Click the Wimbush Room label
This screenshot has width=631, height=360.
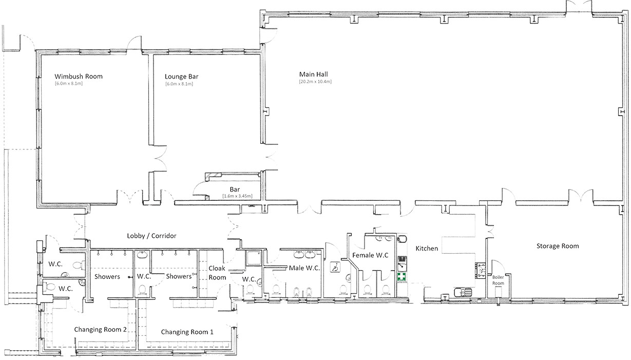[79, 77]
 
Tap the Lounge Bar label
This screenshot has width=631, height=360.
[181, 77]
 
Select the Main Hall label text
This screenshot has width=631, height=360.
[314, 74]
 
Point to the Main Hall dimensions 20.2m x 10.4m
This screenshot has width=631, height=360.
[315, 82]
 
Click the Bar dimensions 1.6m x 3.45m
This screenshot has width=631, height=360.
[238, 196]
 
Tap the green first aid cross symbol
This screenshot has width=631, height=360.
[401, 276]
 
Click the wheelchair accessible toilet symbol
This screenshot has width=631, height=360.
[335, 267]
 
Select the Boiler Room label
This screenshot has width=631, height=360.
[498, 280]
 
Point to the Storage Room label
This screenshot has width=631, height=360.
[558, 246]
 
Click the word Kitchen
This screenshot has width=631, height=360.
[427, 249]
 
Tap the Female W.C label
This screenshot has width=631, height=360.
[370, 255]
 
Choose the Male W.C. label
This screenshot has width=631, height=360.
[304, 268]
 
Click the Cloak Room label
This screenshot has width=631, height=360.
[217, 273]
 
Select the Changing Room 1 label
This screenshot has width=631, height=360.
[187, 332]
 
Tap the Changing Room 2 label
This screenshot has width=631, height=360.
[100, 330]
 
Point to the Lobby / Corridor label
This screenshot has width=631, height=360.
[151, 236]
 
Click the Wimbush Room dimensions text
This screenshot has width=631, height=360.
[69, 83]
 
